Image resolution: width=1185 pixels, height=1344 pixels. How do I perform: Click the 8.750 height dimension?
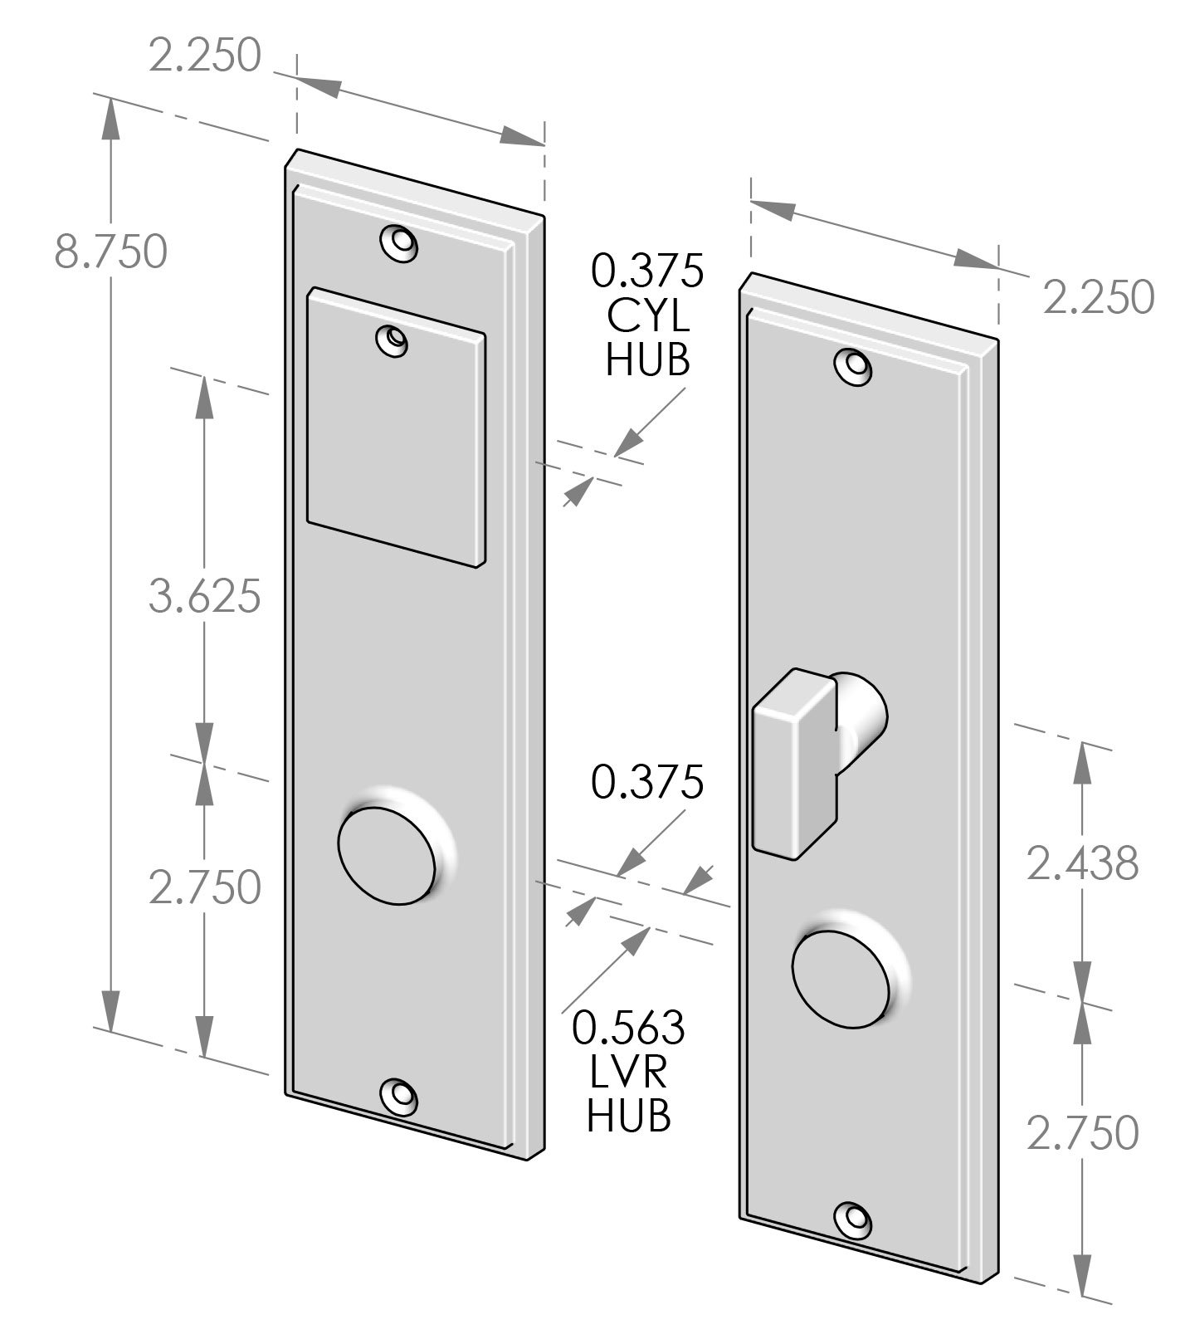(x=110, y=252)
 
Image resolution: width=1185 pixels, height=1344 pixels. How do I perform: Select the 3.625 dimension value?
(x=205, y=596)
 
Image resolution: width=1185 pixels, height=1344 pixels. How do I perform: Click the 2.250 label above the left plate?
(x=205, y=57)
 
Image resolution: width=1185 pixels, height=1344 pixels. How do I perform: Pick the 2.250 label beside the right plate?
(x=1098, y=297)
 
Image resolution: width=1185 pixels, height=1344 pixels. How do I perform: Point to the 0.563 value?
(x=628, y=1028)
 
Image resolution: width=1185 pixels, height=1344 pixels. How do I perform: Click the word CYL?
(x=647, y=315)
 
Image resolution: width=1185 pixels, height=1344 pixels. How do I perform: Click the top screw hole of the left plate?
(x=399, y=243)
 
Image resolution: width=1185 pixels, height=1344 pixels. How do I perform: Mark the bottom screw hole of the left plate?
(x=399, y=1096)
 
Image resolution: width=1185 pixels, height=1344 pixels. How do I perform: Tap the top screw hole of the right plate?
(x=854, y=366)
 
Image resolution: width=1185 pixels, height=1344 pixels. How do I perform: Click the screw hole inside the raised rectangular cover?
(x=393, y=340)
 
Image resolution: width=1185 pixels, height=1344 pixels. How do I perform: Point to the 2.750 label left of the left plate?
(x=205, y=887)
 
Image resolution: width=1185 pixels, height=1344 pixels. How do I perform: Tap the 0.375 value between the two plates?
(x=647, y=782)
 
